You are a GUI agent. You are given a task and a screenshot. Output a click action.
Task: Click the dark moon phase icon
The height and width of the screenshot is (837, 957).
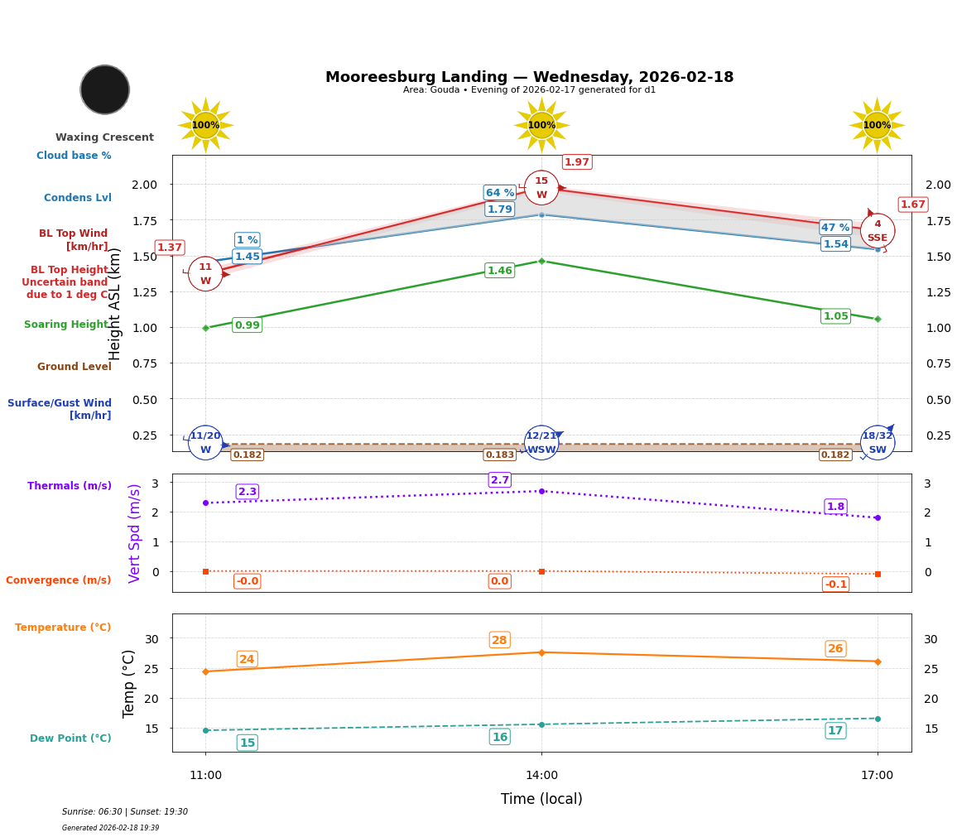point(105,89)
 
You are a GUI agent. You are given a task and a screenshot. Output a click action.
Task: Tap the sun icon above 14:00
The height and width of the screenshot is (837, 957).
point(541,125)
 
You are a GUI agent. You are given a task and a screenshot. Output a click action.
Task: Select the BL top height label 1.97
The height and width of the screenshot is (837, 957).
point(577,162)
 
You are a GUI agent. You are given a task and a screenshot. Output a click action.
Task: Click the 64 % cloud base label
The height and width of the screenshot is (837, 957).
point(500,193)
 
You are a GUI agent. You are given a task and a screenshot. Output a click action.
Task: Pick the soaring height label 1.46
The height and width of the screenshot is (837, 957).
point(500,271)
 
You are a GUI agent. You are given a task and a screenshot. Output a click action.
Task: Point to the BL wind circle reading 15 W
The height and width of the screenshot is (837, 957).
point(541,188)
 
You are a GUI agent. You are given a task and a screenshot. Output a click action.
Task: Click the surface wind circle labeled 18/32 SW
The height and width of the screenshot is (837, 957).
point(878,443)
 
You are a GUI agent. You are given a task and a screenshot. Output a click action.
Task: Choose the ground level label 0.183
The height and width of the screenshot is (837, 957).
point(500,455)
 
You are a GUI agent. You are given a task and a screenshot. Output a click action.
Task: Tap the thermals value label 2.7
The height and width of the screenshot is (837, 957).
point(500,480)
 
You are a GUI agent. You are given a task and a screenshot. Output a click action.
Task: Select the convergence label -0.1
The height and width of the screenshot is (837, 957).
point(836,584)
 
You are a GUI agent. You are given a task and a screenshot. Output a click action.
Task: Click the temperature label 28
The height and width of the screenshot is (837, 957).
point(500,640)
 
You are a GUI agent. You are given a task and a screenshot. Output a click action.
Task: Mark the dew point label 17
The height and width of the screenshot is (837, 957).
point(836,730)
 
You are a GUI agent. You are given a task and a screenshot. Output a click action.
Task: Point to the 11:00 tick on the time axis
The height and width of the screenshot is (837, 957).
point(205,776)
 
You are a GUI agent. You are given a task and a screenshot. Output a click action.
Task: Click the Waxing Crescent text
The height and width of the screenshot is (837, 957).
point(105,137)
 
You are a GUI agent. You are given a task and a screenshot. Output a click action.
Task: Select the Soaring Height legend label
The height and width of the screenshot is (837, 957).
point(67,325)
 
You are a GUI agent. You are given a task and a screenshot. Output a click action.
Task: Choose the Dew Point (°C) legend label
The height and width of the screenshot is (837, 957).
point(70,738)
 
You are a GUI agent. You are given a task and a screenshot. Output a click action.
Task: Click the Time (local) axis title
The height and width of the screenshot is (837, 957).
point(541,799)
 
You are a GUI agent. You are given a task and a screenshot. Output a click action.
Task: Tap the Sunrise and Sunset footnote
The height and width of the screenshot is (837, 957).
point(125,812)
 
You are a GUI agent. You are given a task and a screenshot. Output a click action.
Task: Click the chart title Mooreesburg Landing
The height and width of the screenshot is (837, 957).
point(530,77)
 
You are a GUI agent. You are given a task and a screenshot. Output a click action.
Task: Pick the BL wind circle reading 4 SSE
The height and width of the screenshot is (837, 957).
point(878,231)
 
